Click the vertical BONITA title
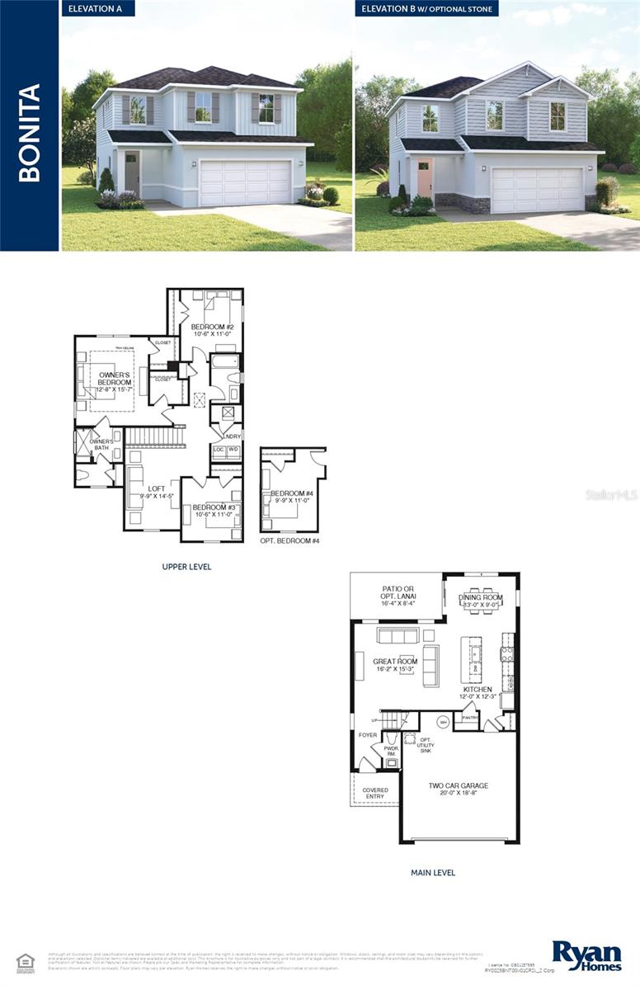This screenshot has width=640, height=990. (x=30, y=132)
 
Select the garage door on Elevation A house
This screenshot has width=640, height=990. (x=246, y=183)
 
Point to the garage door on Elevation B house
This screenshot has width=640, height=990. (x=536, y=191)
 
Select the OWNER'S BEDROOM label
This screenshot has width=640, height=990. (x=115, y=379)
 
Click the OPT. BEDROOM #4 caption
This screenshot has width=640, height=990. (x=289, y=540)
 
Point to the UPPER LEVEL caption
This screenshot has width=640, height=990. (x=186, y=567)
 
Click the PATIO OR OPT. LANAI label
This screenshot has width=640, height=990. (x=398, y=595)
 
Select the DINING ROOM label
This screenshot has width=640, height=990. (x=481, y=598)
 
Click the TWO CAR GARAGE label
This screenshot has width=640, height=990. (x=458, y=790)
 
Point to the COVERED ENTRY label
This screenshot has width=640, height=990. (x=375, y=793)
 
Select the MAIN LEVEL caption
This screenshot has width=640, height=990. (x=433, y=872)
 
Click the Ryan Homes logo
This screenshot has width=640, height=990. (x=586, y=955)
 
